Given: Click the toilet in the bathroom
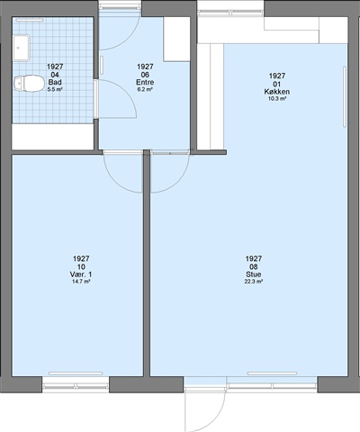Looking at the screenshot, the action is point(29,83).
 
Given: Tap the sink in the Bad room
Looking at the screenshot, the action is point(22,48).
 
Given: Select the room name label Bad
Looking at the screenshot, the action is point(55,82).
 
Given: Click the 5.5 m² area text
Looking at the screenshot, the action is point(55,89).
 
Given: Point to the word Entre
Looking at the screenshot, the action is point(145,82).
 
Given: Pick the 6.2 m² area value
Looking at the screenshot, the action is point(145,89).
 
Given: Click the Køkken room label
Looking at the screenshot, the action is point(277,92).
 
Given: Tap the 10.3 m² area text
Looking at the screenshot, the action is point(277,99).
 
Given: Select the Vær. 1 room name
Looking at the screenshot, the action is point(81,274).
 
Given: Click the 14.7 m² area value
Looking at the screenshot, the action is point(81,282).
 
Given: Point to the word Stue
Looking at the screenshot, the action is point(254,274).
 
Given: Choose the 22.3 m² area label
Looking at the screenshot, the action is point(254,282).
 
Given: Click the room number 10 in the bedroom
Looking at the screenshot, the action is point(81,266).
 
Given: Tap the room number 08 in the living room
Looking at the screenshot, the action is point(254,266).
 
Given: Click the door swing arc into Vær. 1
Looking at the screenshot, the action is point(115,183).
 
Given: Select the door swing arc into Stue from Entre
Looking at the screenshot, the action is point(177,183).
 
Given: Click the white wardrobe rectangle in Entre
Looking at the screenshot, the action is point(176,40).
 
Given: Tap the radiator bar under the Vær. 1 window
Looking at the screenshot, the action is point(76,373).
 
